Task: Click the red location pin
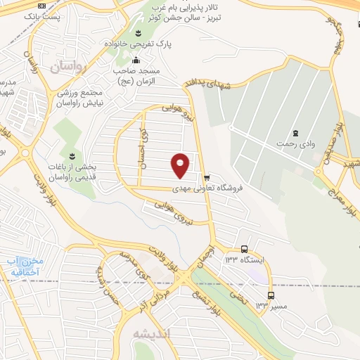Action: tap(181, 165)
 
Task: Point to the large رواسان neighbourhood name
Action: tap(67, 67)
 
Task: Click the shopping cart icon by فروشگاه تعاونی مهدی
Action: tap(206, 177)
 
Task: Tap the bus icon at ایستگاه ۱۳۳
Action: tap(244, 249)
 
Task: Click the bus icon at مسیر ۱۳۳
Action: tap(271, 295)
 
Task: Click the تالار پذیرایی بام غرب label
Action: tap(197, 10)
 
